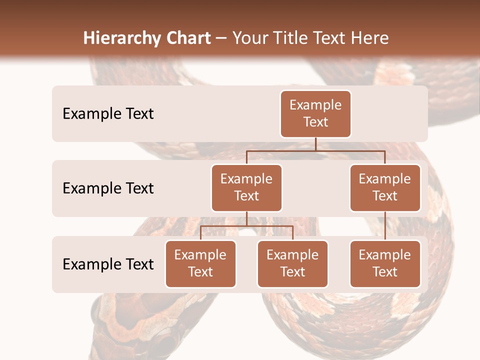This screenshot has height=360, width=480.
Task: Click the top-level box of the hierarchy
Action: point(315,113)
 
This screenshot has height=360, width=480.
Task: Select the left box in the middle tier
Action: point(246,187)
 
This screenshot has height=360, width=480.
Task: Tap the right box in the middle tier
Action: point(385,187)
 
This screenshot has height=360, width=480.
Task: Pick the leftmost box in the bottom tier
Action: point(200,263)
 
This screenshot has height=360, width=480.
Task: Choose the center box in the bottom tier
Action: point(292,263)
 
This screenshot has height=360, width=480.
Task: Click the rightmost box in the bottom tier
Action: point(385,263)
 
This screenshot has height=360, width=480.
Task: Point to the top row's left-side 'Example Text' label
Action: point(108,114)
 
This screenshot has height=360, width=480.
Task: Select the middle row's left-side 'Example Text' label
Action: point(108,188)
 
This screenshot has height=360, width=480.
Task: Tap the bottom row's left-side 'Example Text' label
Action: point(108,264)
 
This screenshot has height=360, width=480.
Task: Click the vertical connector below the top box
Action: point(315,144)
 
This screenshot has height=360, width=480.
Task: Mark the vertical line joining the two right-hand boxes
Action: point(385,225)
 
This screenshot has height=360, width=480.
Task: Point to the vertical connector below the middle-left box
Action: point(246,218)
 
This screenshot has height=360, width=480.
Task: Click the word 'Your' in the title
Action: point(250,38)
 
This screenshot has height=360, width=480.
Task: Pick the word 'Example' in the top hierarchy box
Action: point(315,105)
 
